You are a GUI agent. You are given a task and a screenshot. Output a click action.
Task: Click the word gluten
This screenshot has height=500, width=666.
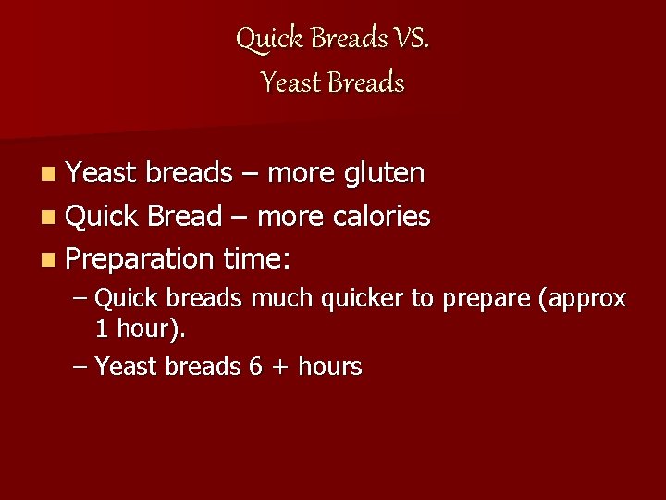(384, 173)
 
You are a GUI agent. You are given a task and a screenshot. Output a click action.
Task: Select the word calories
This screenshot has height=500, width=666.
(382, 217)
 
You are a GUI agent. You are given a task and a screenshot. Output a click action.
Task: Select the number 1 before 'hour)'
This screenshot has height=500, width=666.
(102, 328)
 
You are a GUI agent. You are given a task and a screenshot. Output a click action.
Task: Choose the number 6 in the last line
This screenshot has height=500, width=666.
(256, 367)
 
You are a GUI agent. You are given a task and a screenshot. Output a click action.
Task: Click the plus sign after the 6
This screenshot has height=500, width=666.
(279, 368)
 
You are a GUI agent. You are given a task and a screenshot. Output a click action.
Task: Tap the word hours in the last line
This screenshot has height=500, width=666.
(328, 367)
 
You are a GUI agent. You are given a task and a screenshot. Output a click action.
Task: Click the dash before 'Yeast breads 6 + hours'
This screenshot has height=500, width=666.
(80, 368)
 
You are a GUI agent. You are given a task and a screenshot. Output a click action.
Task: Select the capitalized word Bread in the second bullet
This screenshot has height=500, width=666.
(185, 217)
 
